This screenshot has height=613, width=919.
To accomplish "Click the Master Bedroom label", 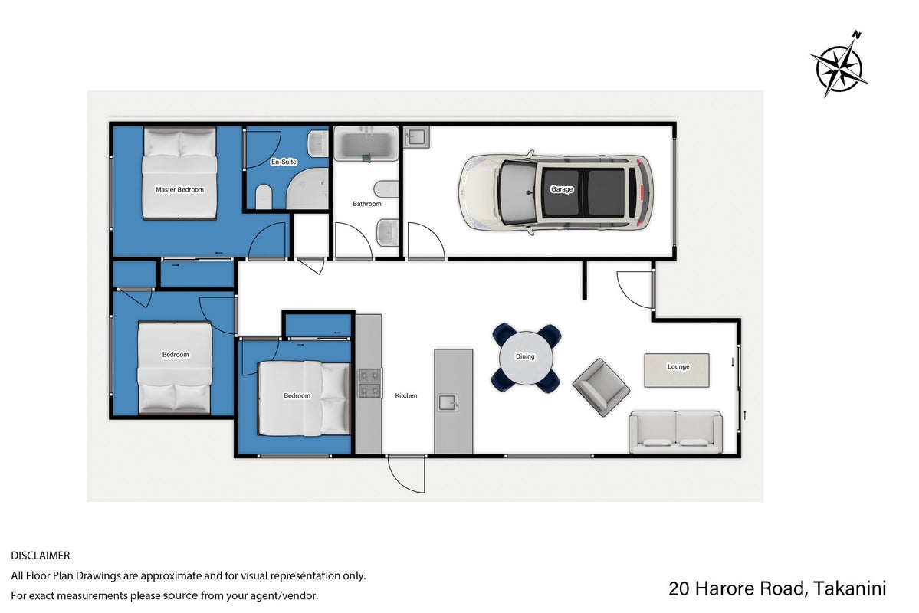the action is click(179, 190).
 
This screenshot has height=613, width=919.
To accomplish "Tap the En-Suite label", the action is click(284, 162).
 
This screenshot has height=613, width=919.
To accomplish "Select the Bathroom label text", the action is click(367, 204).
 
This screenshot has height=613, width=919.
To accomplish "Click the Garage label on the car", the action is click(562, 189).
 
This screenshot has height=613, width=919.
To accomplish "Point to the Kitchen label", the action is click(406, 395).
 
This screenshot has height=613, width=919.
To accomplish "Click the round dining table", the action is click(526, 358).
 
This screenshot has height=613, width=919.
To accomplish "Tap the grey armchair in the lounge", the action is click(601, 387).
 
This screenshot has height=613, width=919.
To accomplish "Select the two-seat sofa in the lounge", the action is click(675, 432).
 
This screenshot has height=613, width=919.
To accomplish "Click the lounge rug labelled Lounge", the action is click(677, 370).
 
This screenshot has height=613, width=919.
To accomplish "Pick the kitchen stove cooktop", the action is click(370, 383).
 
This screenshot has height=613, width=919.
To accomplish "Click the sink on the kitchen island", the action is click(448, 402).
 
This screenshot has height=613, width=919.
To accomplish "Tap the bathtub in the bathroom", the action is click(366, 143).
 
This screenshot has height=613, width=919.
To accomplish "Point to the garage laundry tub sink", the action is click(416, 137).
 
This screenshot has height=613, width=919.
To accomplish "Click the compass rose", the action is click(839, 67).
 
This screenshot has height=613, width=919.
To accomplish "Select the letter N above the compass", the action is click(856, 35).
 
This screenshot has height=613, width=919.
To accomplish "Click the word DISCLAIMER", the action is click(41, 556).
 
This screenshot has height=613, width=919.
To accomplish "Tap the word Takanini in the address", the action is click(850, 588).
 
